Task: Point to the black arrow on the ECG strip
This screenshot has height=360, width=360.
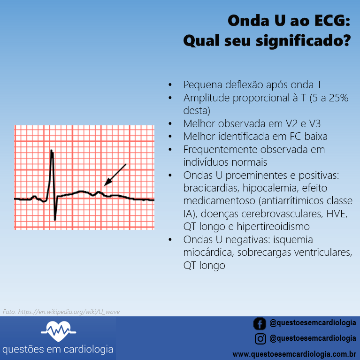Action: [x=115, y=174]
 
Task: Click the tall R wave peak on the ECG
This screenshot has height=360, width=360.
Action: [x=52, y=151]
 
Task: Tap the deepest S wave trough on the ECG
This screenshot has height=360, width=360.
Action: [x=55, y=219]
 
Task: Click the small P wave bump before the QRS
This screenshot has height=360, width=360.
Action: [x=34, y=196]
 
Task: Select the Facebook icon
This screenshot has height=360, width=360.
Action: [x=260, y=323]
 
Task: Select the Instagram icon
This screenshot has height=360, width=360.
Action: [x=260, y=338]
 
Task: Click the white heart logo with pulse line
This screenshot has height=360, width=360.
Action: [x=58, y=332]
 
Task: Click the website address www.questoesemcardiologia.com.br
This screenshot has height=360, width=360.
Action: [x=294, y=353]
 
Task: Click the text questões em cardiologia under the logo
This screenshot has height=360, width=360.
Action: [x=58, y=350]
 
